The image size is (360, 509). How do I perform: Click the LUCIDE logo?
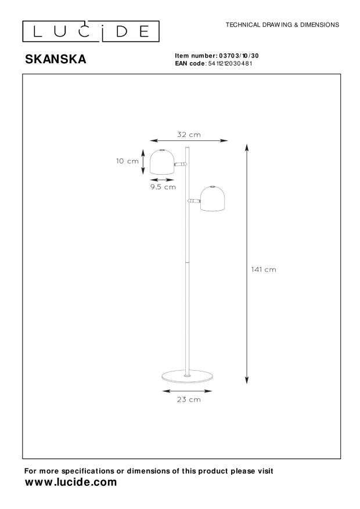91,31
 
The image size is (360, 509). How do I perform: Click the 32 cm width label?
189,135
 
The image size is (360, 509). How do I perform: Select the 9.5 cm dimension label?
163,187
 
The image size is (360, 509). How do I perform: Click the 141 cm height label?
264,269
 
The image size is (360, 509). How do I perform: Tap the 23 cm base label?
189,399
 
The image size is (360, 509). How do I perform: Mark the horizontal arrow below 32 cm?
188,140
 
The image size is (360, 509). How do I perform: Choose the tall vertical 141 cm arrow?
247,264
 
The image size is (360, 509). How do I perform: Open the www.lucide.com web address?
71,482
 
